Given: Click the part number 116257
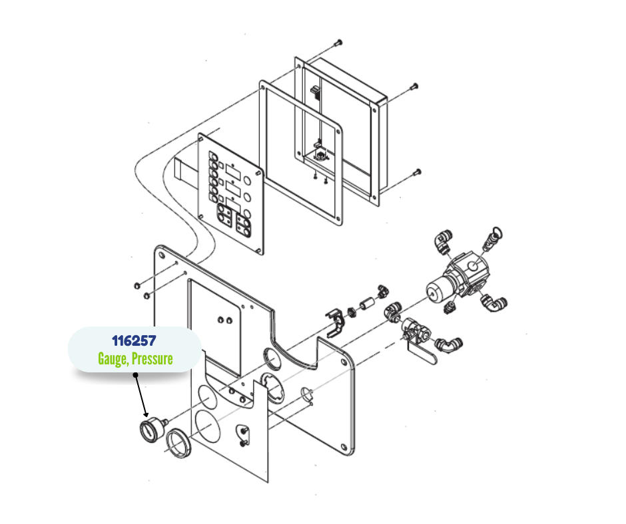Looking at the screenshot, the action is [134, 341].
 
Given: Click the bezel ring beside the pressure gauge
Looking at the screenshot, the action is [178, 443].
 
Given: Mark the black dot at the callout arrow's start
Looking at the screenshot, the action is [135, 375].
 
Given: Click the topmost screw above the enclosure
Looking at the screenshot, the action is [339, 41].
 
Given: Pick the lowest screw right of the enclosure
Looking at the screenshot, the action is [417, 173].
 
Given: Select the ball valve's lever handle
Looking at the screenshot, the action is [422, 355].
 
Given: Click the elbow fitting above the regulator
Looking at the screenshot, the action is [443, 241].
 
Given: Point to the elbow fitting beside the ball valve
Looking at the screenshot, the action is [448, 344].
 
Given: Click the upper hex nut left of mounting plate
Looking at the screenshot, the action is [137, 285].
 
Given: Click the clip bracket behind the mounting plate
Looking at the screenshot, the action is [336, 322].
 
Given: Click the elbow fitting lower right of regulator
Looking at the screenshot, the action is [494, 303].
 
